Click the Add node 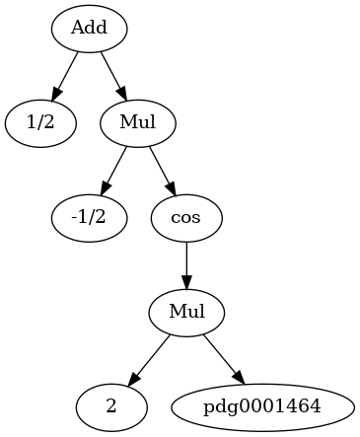89,29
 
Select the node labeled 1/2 40,123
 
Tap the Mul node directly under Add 138,123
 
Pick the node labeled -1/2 89,218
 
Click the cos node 186,218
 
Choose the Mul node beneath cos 186,313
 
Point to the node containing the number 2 111,407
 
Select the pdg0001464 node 262,407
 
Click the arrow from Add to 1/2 65,76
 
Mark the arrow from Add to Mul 113,76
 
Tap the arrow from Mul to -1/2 113,171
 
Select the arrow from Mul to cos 163,171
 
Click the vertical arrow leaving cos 186,265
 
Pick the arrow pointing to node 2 149,360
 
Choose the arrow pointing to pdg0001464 225,360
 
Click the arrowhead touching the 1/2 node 56,93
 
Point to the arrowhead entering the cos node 172,187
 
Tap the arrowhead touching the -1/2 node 106,187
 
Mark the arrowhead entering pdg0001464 239,377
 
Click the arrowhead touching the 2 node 134,378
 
